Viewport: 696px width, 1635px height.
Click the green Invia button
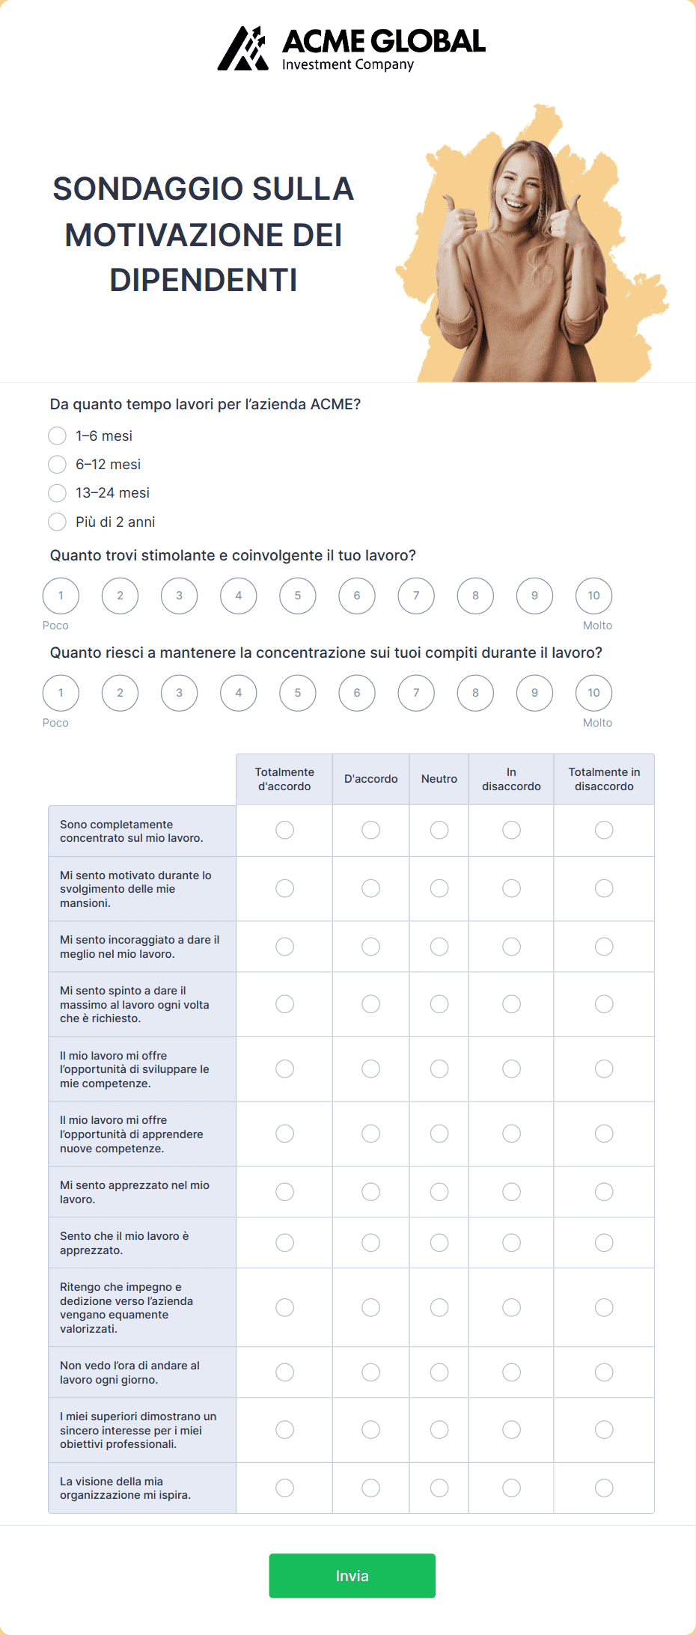coord(352,1575)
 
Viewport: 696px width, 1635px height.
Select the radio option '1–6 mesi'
coord(58,436)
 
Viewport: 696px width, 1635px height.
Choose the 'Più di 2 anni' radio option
coord(58,522)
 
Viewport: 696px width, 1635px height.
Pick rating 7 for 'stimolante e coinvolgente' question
coord(416,596)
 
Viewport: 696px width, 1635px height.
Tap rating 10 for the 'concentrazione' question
coord(593,693)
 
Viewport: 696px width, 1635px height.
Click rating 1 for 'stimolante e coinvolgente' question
coord(61,596)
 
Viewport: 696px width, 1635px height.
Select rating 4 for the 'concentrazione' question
coord(239,693)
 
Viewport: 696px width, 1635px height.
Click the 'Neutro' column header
coord(439,779)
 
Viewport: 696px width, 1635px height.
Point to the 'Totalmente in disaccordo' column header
coord(604,779)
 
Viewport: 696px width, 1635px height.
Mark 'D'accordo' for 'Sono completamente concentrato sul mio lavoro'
coord(371,830)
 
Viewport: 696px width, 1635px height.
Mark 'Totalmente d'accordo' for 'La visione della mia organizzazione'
coord(285,1488)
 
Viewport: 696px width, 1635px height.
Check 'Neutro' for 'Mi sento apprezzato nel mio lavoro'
coord(439,1191)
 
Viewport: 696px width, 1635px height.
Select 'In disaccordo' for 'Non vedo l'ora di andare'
coord(511,1372)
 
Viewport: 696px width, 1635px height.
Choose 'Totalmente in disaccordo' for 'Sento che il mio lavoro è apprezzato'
coord(604,1242)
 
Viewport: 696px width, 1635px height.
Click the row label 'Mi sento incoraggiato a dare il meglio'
coord(139,947)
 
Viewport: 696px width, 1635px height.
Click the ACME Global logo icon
coord(243,49)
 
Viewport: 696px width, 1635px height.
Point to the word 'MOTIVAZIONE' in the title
coord(204,235)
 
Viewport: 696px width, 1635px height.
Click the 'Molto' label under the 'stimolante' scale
coord(597,626)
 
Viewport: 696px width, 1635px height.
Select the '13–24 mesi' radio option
coord(58,493)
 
